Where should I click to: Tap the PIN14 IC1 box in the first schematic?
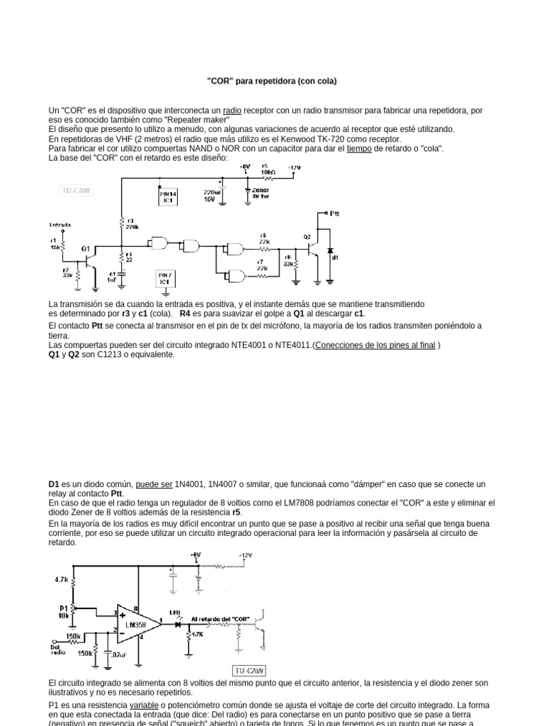pyautogui.click(x=167, y=196)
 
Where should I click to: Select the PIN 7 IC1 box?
pyautogui.click(x=164, y=277)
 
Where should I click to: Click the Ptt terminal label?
pyautogui.click(x=334, y=213)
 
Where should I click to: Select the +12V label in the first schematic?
pyautogui.click(x=293, y=167)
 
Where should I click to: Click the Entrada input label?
pyautogui.click(x=60, y=224)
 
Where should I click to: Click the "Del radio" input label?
pyautogui.click(x=56, y=648)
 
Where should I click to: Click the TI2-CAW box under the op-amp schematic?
pyautogui.click(x=249, y=670)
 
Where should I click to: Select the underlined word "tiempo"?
pyautogui.click(x=361, y=149)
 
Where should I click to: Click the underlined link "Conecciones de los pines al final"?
pyautogui.click(x=375, y=345)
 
